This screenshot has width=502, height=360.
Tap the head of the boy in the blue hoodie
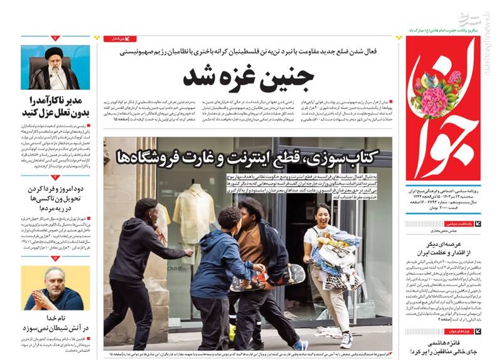click(229, 219)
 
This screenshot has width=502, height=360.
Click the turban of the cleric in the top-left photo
click(55, 53)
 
